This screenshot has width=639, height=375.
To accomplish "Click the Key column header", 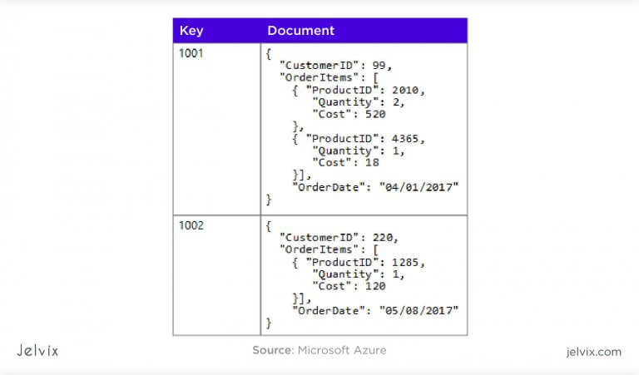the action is pyautogui.click(x=191, y=31).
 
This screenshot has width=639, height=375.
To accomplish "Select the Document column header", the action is pyautogui.click(x=300, y=31).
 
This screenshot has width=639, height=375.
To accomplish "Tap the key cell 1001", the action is pyautogui.click(x=191, y=53).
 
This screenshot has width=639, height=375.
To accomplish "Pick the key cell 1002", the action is pyautogui.click(x=191, y=225).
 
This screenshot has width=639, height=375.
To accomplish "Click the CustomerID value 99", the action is pyautogui.click(x=379, y=65).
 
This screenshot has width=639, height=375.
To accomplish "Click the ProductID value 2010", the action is pyautogui.click(x=405, y=90).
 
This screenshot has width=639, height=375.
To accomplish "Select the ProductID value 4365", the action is pyautogui.click(x=405, y=139).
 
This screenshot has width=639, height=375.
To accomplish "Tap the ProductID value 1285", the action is pyautogui.click(x=405, y=262).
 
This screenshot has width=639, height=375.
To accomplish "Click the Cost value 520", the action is pyautogui.click(x=375, y=114).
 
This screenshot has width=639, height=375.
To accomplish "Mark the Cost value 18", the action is pyautogui.click(x=372, y=162).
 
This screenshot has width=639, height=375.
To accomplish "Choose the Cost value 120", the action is pyautogui.click(x=375, y=286).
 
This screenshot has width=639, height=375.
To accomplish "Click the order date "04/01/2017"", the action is pyautogui.click(x=419, y=187).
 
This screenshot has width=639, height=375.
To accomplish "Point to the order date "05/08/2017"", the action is pyautogui.click(x=419, y=311).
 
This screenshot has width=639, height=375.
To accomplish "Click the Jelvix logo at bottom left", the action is pyautogui.click(x=37, y=351).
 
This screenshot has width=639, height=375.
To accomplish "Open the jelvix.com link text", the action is pyautogui.click(x=593, y=352).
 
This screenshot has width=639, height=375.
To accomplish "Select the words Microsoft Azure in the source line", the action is pyautogui.click(x=342, y=350).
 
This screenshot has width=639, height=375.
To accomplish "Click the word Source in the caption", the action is pyautogui.click(x=272, y=350).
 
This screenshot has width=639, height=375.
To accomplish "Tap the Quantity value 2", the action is pyautogui.click(x=396, y=102).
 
